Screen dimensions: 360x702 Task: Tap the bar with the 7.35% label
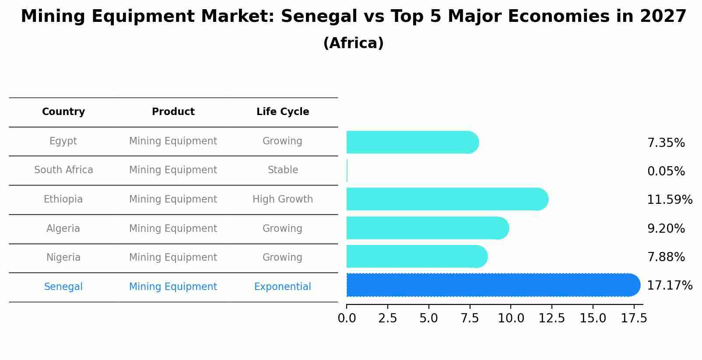[x=411, y=142]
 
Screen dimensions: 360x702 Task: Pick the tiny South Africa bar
[x=347, y=171]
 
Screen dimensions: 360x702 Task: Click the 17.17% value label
[x=669, y=286]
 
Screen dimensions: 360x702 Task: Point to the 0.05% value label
[x=666, y=171]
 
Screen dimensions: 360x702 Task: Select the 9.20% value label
[x=666, y=228]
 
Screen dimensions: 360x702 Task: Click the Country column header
[x=63, y=112]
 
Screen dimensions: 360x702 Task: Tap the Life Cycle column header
[x=283, y=112]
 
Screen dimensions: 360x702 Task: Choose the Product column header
[x=173, y=112]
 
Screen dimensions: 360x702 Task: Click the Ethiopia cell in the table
[x=63, y=199]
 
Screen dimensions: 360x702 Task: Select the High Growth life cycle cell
[x=283, y=199]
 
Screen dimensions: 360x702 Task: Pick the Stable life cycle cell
[x=283, y=170]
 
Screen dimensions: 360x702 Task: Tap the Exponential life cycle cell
[x=283, y=287]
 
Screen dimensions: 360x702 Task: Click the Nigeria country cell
[x=63, y=258]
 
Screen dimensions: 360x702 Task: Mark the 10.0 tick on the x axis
[x=511, y=318]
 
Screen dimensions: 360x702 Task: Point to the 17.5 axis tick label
[x=634, y=318]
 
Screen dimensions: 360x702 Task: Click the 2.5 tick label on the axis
[x=387, y=318]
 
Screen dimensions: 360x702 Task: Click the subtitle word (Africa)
[x=353, y=43]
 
